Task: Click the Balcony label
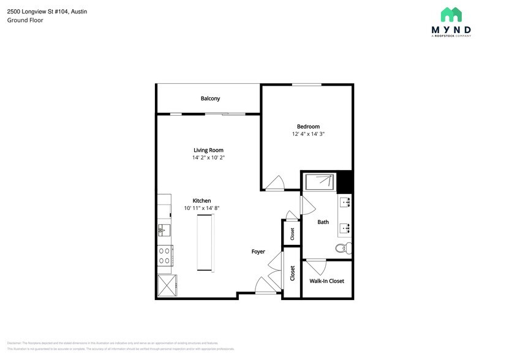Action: coord(210,99)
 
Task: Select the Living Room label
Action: coord(208,150)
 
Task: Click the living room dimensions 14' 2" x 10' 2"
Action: coord(208,157)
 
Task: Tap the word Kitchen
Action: coord(202,201)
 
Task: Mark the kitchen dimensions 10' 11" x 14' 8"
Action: coord(202,208)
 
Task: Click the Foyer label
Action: coord(258,252)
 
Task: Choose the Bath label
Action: coord(323,222)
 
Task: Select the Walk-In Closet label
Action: coord(326,281)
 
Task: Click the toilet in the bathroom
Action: coord(343,248)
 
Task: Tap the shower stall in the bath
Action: coord(319,182)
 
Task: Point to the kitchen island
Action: coord(205,243)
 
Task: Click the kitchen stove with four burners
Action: coord(165,255)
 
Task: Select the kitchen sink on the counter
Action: coord(164,230)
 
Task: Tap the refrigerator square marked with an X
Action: coord(166,285)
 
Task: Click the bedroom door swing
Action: coord(273,183)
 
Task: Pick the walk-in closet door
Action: coord(316,267)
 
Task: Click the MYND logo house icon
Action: coord(451,15)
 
